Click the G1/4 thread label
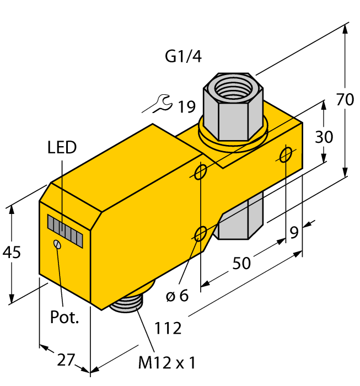pyautogui.click(x=183, y=56)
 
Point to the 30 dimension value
pyautogui.click(x=324, y=136)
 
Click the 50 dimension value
pyautogui.click(x=241, y=263)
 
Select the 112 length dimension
pyautogui.click(x=168, y=328)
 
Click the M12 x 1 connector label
pyautogui.click(x=166, y=363)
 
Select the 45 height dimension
pyautogui.click(x=12, y=253)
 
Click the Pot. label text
pyautogui.click(x=65, y=317)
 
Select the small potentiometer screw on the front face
pyautogui.click(x=57, y=244)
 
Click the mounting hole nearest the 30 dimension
pyautogui.click(x=286, y=155)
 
